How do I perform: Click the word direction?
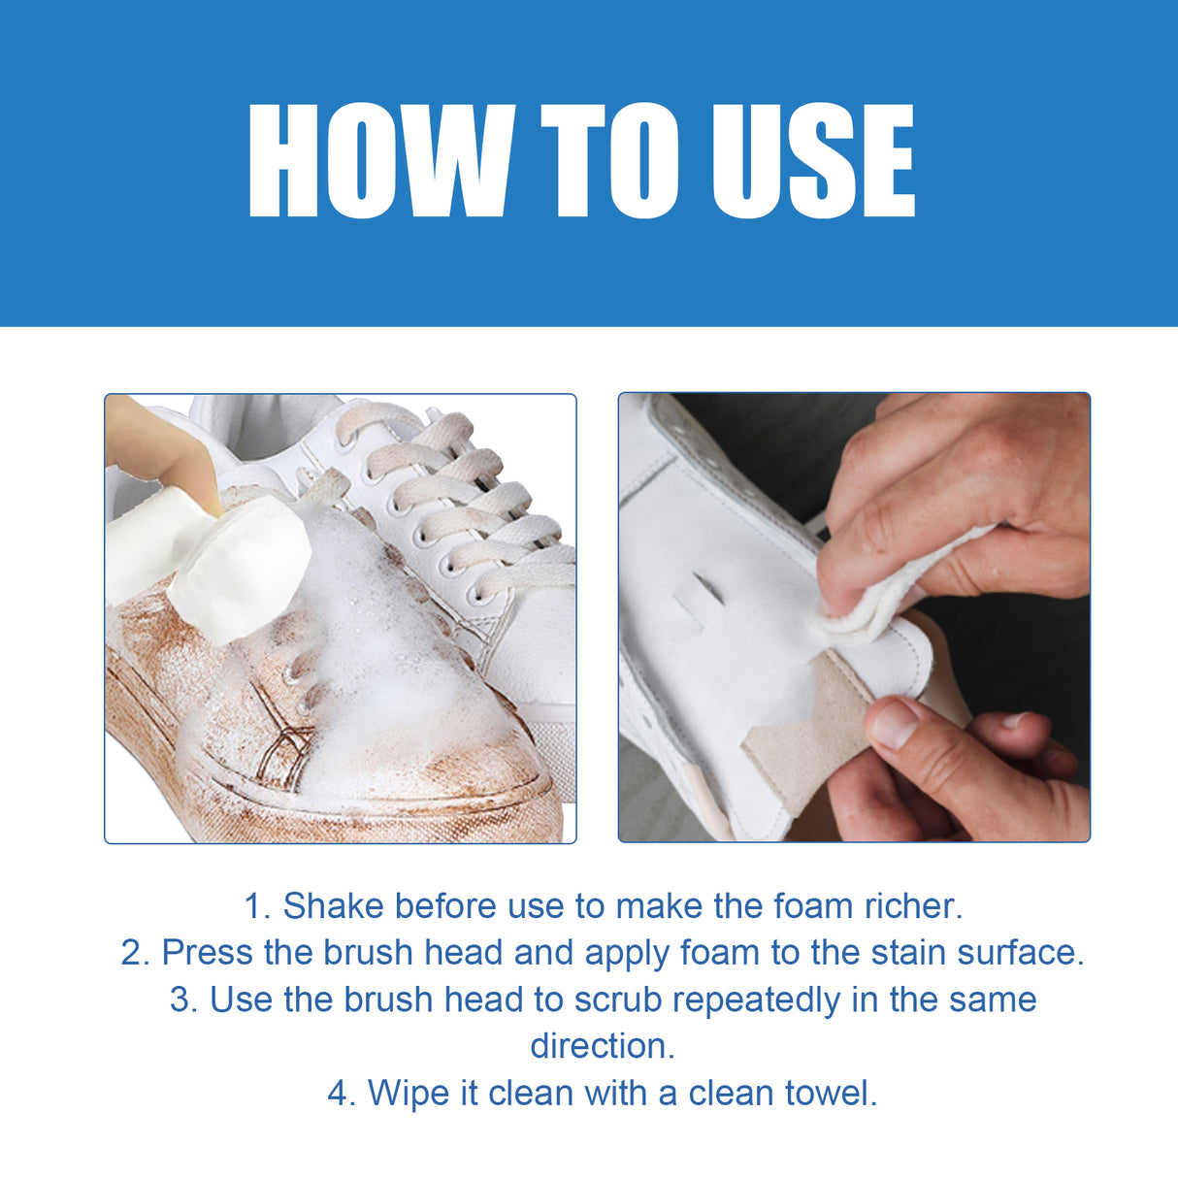[x=602, y=1046]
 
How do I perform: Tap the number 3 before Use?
[x=182, y=999]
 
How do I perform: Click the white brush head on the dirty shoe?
[x=243, y=573]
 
